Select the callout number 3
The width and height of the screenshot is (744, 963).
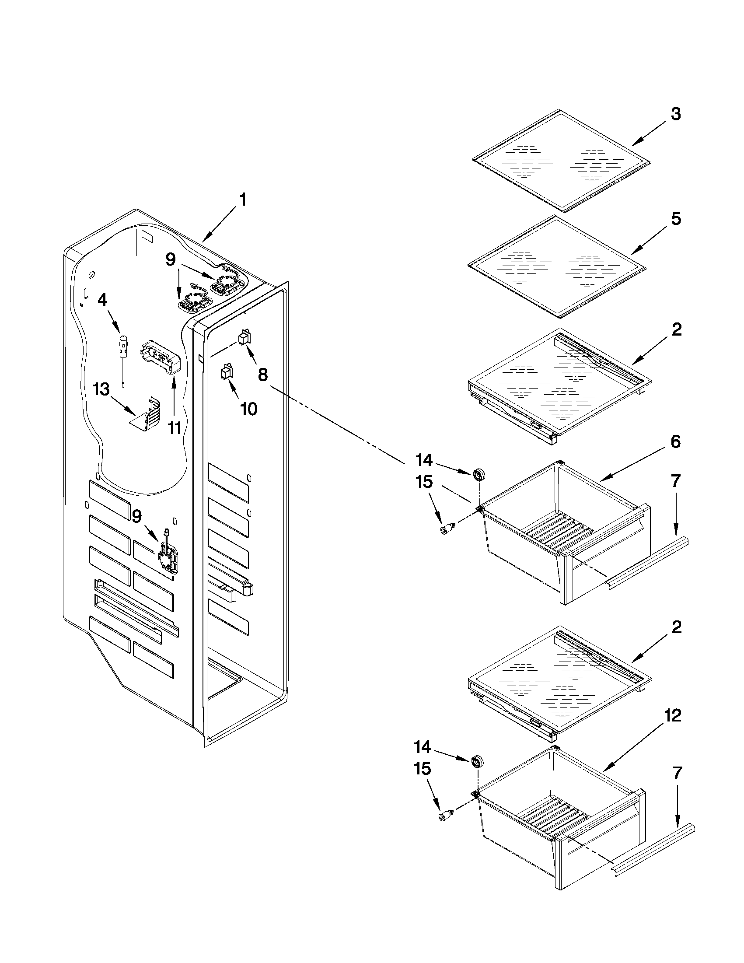click(676, 114)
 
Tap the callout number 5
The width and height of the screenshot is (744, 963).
click(676, 219)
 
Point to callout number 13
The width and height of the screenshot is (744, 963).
click(101, 390)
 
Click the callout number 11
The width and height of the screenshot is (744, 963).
click(175, 427)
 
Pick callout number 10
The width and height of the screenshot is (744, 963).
click(248, 409)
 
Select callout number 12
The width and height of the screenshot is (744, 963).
click(673, 715)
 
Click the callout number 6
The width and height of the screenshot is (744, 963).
click(676, 441)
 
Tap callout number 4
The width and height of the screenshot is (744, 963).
click(102, 300)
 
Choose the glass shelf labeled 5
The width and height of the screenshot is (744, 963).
click(556, 266)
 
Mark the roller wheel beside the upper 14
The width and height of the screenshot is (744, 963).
click(478, 475)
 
